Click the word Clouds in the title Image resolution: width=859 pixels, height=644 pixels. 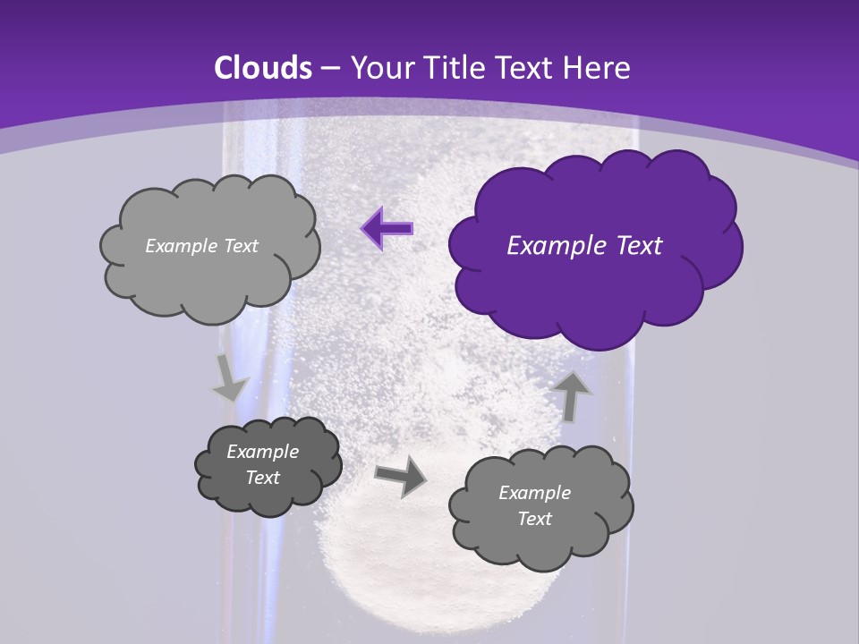tap(263, 68)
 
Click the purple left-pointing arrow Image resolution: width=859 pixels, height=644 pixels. tap(387, 229)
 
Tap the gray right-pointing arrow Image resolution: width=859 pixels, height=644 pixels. tap(401, 475)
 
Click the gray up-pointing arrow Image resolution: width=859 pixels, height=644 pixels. tap(573, 396)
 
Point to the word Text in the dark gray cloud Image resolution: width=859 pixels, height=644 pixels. tap(263, 478)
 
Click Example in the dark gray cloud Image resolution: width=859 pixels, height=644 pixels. tap(263, 452)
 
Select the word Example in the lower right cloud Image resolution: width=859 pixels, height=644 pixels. tap(534, 493)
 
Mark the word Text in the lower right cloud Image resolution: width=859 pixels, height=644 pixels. tap(534, 519)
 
